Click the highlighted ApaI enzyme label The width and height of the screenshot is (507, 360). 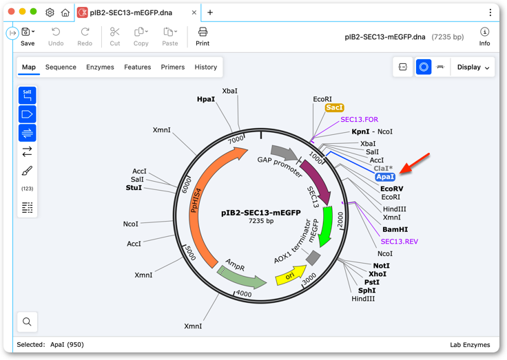[x=385, y=177]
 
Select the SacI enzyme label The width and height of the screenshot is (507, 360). [x=334, y=107]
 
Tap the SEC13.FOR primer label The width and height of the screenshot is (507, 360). [x=359, y=120]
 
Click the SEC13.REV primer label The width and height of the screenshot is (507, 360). [x=400, y=242]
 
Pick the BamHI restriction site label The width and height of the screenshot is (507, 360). [x=395, y=229]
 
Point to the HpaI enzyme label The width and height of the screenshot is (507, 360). [x=206, y=99]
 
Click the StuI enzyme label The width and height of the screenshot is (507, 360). [x=134, y=188]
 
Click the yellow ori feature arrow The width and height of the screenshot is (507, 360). [x=291, y=275]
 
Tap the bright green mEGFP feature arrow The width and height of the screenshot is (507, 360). [x=327, y=226]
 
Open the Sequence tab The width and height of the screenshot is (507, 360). [x=61, y=67]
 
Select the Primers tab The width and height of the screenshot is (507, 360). [x=173, y=67]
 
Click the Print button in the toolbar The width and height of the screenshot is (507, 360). [x=203, y=36]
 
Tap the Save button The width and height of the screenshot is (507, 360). [x=28, y=36]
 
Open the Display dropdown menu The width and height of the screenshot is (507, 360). [x=473, y=67]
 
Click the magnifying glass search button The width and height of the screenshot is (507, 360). [x=27, y=321]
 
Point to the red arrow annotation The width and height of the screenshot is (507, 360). [x=415, y=163]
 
